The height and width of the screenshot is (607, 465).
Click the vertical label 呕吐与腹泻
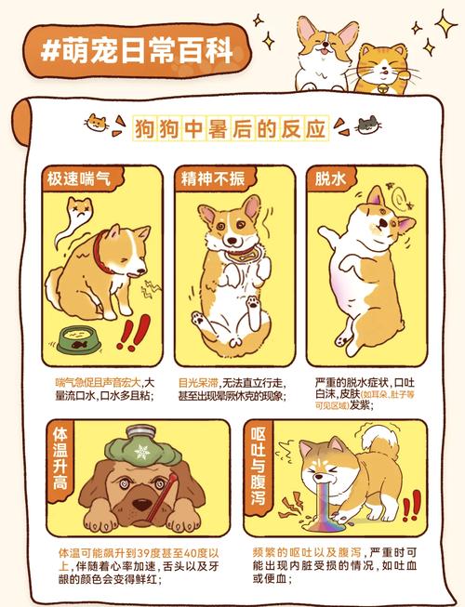click(x=259, y=464)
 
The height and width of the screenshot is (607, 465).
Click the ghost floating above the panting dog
click(x=72, y=219)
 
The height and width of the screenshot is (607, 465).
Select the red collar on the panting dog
click(x=102, y=249)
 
